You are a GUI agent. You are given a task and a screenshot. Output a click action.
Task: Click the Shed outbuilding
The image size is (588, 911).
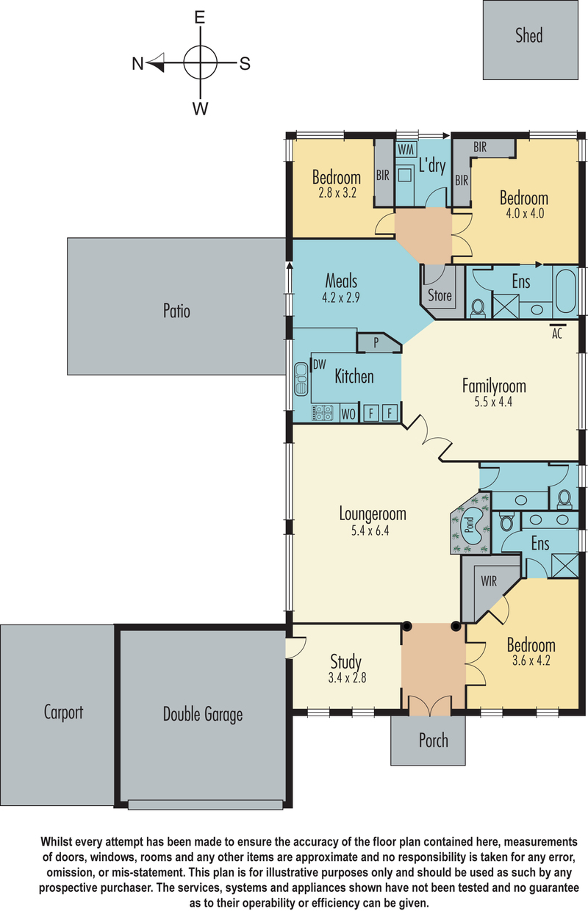click(530, 40)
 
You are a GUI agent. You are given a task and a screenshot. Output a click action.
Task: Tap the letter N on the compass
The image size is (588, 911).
click(137, 64)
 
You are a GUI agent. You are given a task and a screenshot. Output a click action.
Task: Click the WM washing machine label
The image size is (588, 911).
click(406, 149)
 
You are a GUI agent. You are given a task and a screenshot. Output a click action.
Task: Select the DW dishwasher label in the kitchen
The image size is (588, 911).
click(320, 364)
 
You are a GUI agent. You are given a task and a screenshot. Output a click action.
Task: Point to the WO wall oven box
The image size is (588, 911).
click(348, 414)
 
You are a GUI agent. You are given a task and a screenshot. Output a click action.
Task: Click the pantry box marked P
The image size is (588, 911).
click(379, 343)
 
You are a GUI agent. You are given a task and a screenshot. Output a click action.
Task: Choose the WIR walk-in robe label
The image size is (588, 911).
click(489, 581)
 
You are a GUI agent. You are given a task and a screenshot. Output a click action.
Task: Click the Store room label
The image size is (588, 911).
click(440, 295)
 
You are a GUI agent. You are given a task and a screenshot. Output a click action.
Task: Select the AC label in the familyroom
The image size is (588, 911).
click(556, 334)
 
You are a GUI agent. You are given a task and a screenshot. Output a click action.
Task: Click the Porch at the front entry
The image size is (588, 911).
click(428, 741)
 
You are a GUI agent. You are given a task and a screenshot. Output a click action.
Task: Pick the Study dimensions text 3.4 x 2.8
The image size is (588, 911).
click(347, 677)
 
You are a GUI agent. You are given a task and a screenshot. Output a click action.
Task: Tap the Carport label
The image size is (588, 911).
click(63, 713)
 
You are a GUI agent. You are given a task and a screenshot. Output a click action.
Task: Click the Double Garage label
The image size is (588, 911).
click(203, 715)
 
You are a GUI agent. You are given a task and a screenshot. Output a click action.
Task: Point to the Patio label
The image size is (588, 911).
click(176, 311)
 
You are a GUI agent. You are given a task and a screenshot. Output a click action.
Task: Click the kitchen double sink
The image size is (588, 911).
click(301, 378)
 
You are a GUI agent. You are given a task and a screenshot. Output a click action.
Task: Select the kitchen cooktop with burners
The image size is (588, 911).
click(322, 413)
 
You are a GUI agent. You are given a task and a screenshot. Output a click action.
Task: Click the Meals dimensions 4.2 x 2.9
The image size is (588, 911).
click(341, 298)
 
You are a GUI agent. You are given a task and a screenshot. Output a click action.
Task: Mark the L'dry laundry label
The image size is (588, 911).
click(432, 166)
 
